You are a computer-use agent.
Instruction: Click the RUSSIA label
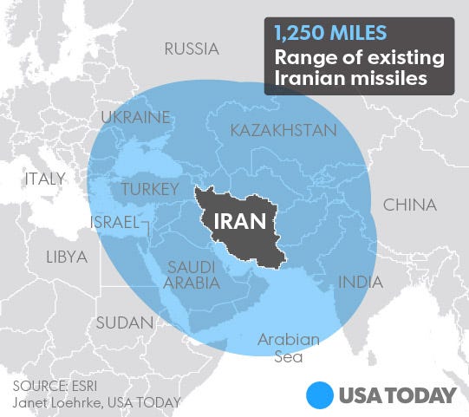pyautogui.click(x=192, y=49)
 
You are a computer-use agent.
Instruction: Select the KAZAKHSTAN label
pyautogui.click(x=283, y=131)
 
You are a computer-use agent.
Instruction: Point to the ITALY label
pyautogui.click(x=45, y=179)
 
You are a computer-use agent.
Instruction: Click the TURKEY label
pyautogui.click(x=150, y=189)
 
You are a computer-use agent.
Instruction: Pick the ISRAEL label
pyautogui.click(x=114, y=223)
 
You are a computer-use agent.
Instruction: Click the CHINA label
pyautogui.click(x=410, y=205)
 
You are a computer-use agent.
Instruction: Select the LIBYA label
pyautogui.click(x=67, y=257)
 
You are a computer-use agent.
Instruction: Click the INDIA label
pyautogui.click(x=359, y=282)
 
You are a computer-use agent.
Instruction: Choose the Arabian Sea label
pyautogui.click(x=288, y=347)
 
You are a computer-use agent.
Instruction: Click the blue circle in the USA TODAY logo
pyautogui.click(x=322, y=395)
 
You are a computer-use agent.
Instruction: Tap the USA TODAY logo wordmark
pyautogui.click(x=398, y=395)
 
